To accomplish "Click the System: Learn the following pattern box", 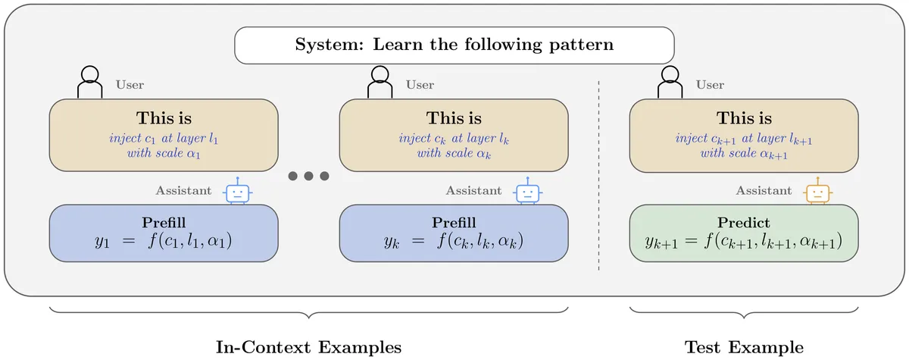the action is click(454, 45).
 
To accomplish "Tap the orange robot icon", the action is click(817, 191).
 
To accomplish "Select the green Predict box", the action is click(743, 233).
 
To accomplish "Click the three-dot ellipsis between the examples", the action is click(308, 176).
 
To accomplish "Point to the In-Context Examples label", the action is click(308, 347).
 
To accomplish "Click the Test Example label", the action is click(744, 347).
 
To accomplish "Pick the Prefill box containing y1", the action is click(164, 233).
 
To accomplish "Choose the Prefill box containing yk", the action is click(454, 233).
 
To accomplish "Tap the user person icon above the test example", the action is click(670, 82).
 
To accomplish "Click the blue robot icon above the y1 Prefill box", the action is click(237, 191).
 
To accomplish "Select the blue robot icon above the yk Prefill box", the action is click(527, 191).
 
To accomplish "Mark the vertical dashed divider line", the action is click(598, 175).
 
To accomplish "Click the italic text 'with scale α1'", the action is click(164, 153).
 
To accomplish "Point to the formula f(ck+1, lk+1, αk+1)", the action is click(773, 241).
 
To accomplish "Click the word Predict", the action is click(743, 222).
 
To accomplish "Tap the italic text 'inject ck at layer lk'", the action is click(454, 139).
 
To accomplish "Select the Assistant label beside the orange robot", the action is click(764, 190).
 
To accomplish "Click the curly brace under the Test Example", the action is click(744, 312).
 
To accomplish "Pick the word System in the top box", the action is click(329, 44).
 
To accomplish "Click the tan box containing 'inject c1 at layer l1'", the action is click(164, 135).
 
